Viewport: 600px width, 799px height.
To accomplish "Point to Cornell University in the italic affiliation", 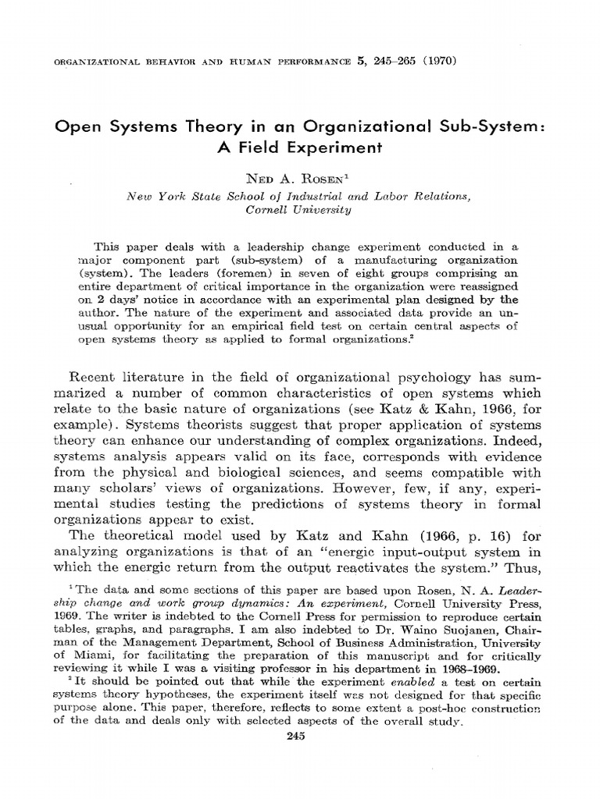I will click(300, 210).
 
